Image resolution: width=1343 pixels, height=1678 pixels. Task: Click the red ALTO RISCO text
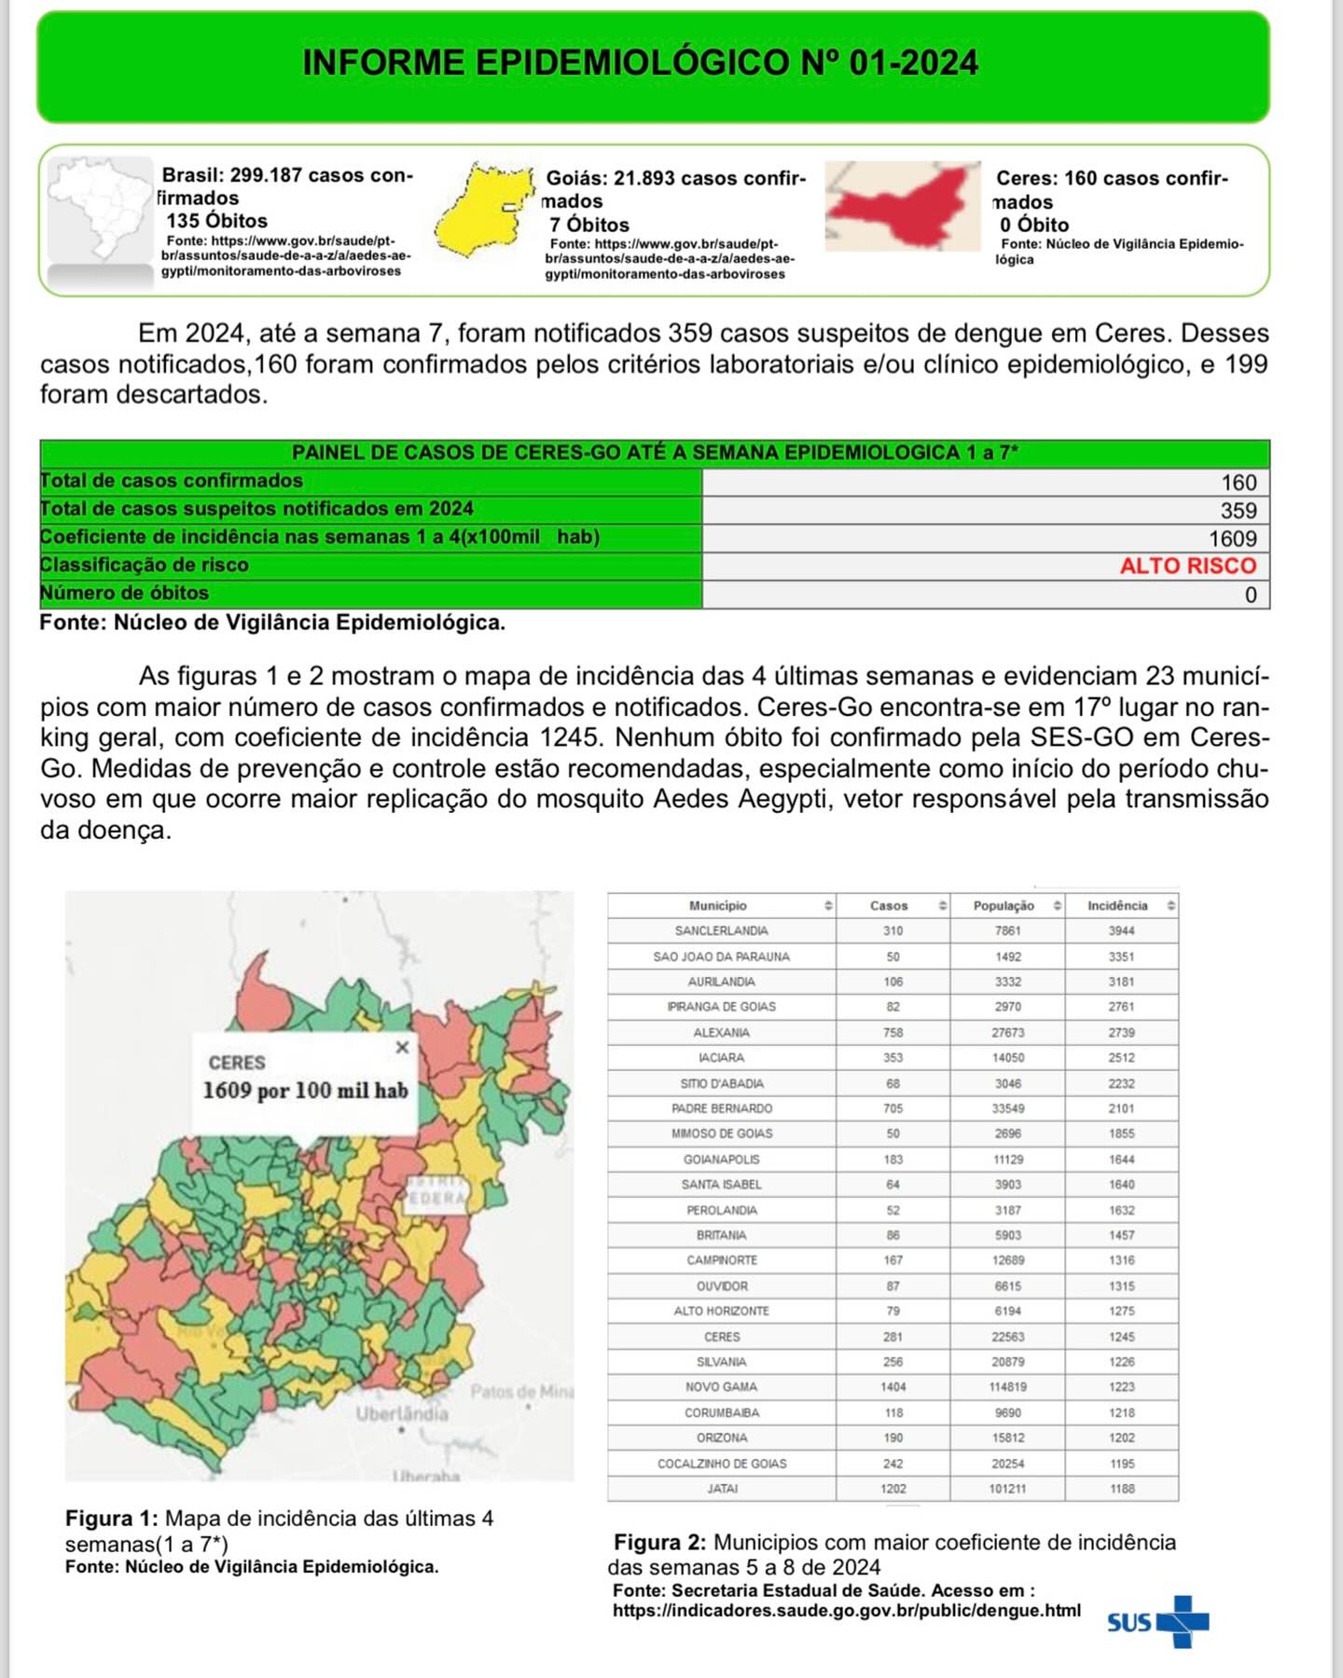[1187, 566]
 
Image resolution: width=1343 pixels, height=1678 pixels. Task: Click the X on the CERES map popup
[402, 1047]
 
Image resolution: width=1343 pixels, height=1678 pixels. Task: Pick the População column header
[1004, 905]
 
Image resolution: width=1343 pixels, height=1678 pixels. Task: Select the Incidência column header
[1117, 905]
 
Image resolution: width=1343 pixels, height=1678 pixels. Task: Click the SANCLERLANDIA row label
[722, 930]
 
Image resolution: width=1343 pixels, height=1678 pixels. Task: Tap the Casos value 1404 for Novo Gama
[893, 1387]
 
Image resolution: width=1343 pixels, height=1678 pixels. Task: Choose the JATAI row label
[722, 1489]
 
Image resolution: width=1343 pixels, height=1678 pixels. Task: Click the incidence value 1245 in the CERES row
[1122, 1337]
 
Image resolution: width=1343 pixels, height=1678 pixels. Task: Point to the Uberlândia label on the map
[401, 1413]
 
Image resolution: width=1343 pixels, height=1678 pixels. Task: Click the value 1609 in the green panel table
[1232, 539]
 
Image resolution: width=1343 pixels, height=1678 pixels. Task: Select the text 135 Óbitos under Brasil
[217, 221]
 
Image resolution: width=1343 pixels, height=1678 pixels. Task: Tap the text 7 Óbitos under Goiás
[589, 225]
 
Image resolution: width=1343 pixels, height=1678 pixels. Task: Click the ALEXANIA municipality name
[722, 1033]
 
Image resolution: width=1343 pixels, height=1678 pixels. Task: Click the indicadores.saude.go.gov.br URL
[846, 1610]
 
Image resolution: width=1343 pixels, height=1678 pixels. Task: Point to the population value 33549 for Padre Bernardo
[1007, 1108]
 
